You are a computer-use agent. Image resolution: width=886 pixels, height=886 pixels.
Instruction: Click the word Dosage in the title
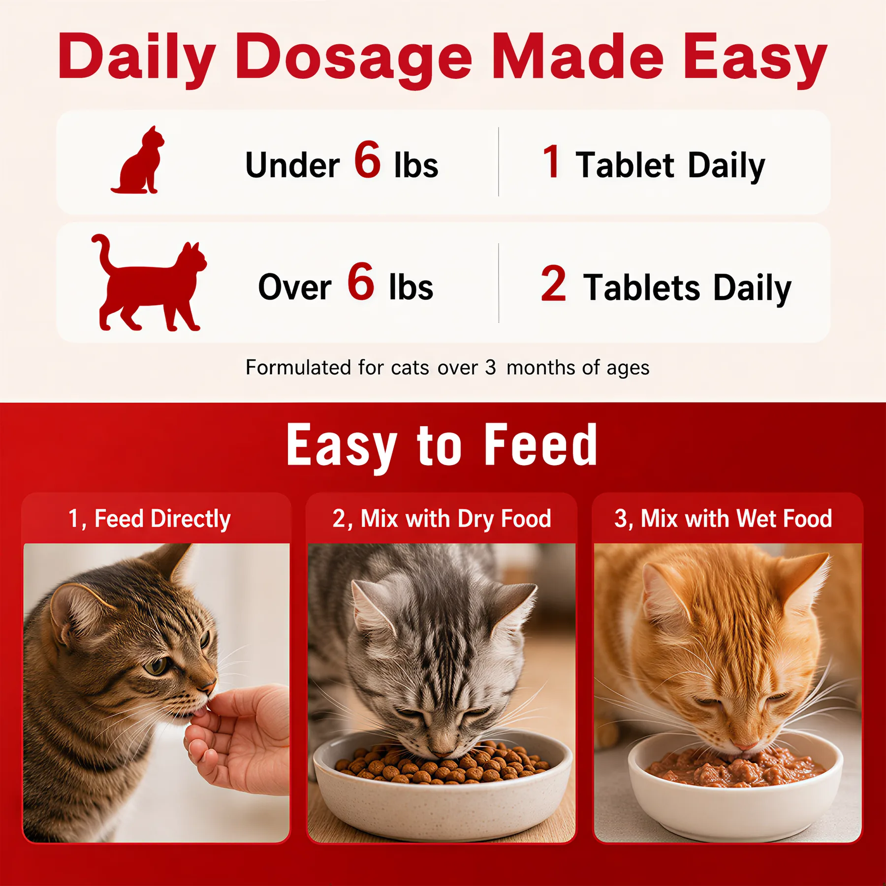[353, 58]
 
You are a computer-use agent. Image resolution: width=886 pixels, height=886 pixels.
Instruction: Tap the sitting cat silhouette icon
[137, 160]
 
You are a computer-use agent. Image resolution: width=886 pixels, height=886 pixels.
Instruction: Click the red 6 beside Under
[367, 159]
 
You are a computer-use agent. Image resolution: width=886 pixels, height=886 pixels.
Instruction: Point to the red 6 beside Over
[361, 281]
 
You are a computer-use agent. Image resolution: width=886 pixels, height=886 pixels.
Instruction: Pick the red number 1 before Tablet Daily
[551, 161]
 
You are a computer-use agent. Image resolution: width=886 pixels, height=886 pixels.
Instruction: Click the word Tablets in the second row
[641, 287]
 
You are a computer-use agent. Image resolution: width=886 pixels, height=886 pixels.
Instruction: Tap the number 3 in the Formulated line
[490, 367]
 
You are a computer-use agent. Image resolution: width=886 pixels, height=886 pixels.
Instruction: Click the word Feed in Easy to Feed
[541, 445]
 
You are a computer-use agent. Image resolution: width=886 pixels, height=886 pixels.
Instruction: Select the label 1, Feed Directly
[149, 519]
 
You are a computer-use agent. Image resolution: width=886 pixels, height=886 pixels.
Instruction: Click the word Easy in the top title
[756, 58]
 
